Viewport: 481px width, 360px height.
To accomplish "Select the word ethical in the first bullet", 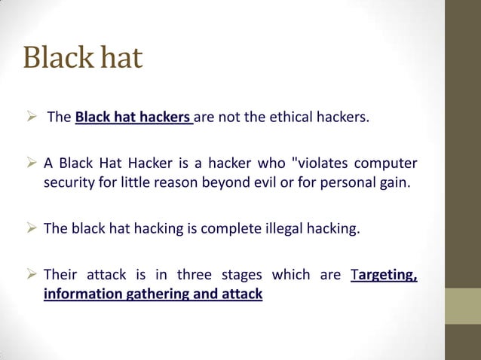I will tap(300, 118).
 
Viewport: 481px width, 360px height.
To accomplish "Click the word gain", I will tap(394, 183).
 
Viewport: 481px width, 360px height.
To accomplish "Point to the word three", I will tap(195, 276).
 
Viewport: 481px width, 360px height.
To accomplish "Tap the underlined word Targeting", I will tap(384, 276).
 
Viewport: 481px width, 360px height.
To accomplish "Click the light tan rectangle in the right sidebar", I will tap(462, 306).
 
